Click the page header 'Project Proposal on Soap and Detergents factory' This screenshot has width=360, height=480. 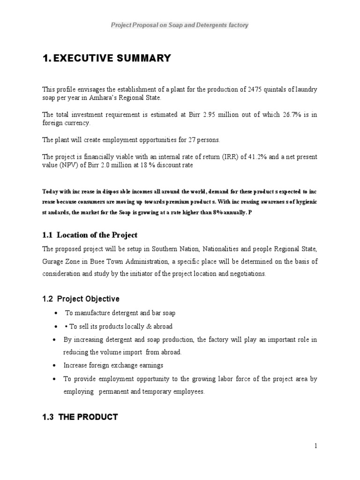pyautogui.click(x=180, y=25)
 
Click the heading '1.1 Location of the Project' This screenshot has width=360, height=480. pyautogui.click(x=90, y=235)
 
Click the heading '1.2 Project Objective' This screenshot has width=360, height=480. pyautogui.click(x=81, y=299)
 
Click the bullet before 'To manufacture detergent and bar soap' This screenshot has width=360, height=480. pyautogui.click(x=56, y=313)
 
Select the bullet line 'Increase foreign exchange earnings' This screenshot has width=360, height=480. pyautogui.click(x=113, y=365)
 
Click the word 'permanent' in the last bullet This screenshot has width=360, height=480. pyautogui.click(x=113, y=392)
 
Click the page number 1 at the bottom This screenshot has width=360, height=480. pyautogui.click(x=316, y=446)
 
